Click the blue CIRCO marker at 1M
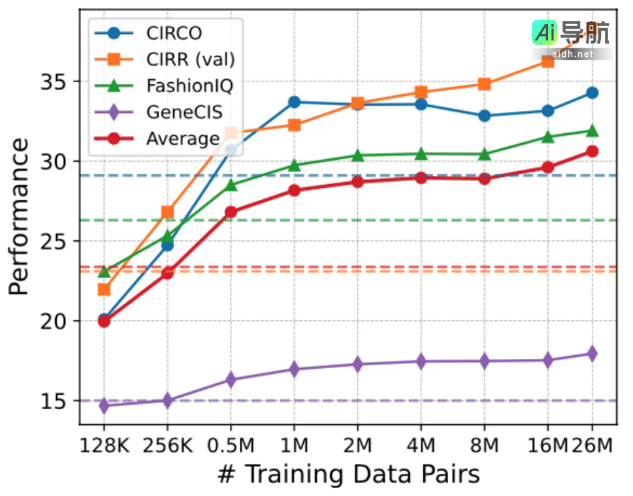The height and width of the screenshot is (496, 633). tap(294, 102)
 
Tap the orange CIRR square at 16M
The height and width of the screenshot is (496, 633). tap(547, 61)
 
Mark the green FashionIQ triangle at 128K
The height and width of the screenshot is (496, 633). tap(104, 271)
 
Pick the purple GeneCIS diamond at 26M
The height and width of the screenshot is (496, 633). tap(592, 354)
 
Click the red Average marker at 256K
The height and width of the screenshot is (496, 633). tap(167, 272)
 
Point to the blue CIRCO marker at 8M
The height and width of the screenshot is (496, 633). tap(484, 116)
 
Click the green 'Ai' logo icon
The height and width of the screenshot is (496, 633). tap(544, 31)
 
